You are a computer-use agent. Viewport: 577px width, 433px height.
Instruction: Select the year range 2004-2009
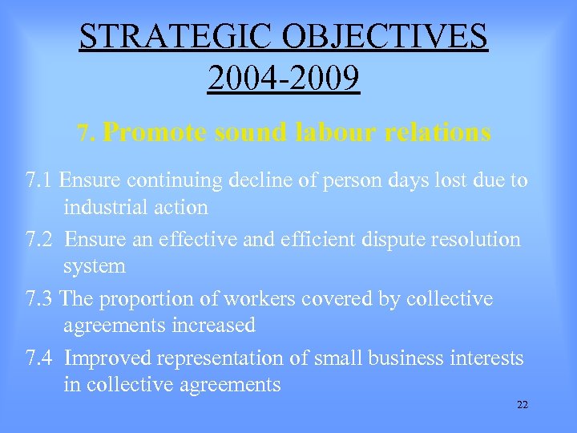coord(284,79)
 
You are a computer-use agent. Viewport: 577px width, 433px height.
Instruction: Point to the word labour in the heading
coord(336,132)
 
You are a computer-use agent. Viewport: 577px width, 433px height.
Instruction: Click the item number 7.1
coord(39,180)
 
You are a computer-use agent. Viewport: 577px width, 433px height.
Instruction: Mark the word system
coord(95,265)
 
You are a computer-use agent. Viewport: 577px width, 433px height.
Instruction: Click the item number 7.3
coord(39,298)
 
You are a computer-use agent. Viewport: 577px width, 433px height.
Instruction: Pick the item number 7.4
coord(39,358)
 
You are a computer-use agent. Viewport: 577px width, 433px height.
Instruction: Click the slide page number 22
coord(523,405)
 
